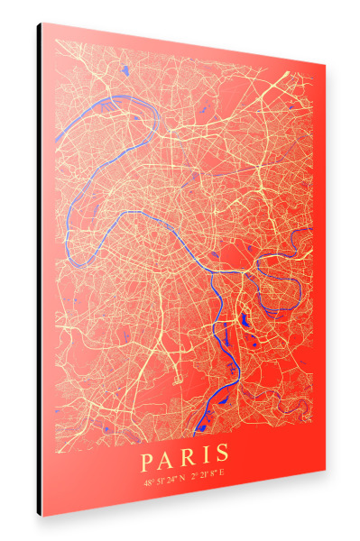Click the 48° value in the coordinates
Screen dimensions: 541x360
coord(149,482)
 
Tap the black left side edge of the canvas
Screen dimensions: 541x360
coord(40,270)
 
